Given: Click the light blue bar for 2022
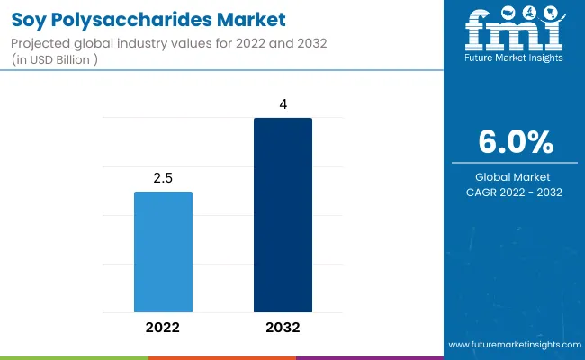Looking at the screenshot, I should point(163,251).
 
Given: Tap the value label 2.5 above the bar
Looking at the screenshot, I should point(163,178).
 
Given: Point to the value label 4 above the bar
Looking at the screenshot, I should point(283,104).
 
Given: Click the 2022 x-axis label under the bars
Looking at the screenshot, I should point(163,328).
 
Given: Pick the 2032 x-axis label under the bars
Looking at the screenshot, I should point(283,328).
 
